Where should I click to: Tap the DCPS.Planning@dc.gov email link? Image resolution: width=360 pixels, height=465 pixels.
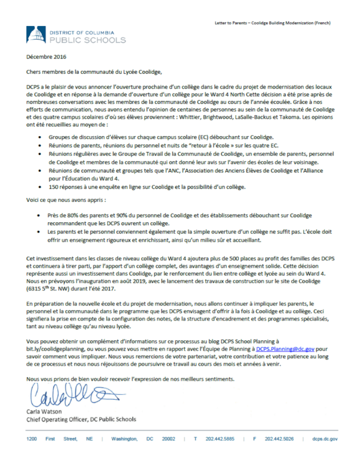point(285,349)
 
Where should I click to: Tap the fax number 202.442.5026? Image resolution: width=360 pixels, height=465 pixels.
point(279,439)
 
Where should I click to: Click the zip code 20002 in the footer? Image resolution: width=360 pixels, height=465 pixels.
point(168,439)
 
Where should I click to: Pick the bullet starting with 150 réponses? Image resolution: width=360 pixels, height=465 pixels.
point(147,187)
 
